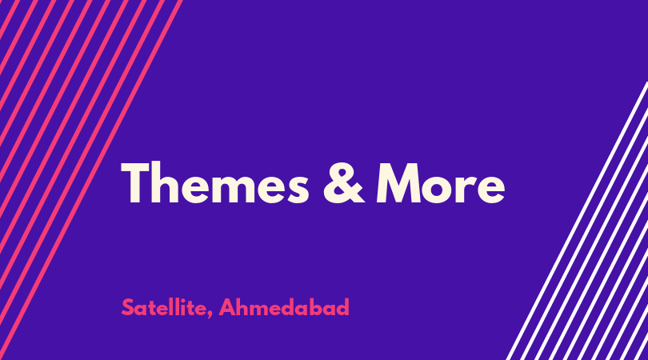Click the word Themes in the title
tap(215, 183)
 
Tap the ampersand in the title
tap(343, 183)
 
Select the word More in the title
tap(441, 183)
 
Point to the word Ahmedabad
tap(284, 307)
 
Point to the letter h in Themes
tap(165, 182)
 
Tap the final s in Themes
tap(297, 189)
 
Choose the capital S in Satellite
tap(128, 307)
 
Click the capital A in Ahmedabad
tap(227, 307)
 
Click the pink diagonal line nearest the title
tap(91, 180)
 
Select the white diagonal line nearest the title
tap(577, 221)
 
